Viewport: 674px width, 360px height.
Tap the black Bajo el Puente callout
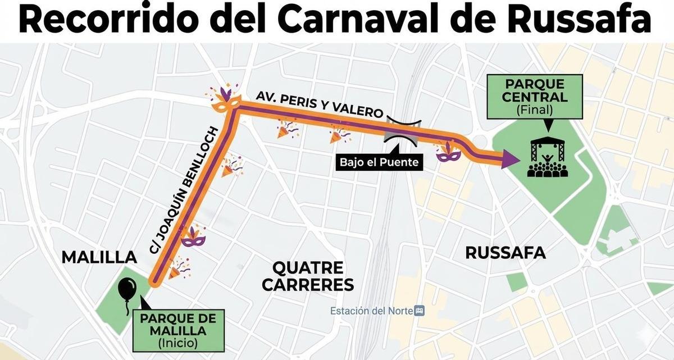pos(379,163)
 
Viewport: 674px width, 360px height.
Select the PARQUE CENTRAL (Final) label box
pos(534,97)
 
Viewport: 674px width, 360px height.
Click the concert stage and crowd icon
pos(548,157)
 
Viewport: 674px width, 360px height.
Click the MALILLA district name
pos(99,257)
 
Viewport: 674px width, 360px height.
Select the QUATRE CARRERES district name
pos(308,276)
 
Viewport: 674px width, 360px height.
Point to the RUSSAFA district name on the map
pos(505,253)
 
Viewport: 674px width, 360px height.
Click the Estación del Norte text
pos(371,311)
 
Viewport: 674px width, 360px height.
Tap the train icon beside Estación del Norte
pos(418,311)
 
